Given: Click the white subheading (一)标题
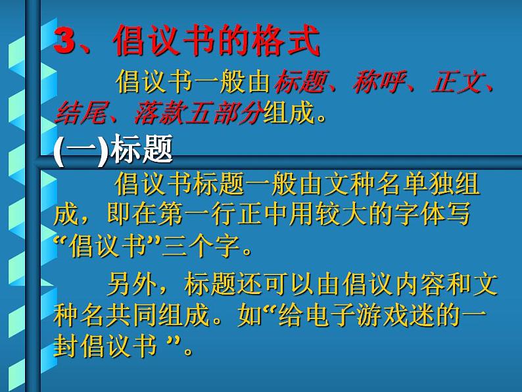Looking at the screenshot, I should click(112, 150).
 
